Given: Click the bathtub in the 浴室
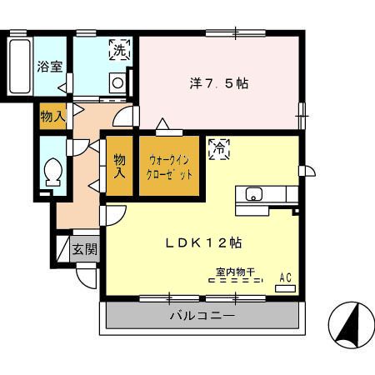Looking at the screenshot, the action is pyautogui.click(x=19, y=66).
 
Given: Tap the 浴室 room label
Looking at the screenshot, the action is pyautogui.click(x=50, y=67).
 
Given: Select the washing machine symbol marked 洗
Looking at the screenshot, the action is pyautogui.click(x=120, y=50).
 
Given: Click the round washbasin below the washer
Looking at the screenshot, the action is pyautogui.click(x=117, y=83).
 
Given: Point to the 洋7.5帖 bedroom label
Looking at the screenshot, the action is pyautogui.click(x=219, y=83).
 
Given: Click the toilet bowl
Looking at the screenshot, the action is pyautogui.click(x=53, y=172).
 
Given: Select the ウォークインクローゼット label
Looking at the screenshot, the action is pyautogui.click(x=169, y=167).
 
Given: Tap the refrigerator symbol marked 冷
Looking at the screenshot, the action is pyautogui.click(x=219, y=149).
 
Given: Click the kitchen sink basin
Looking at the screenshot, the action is pyautogui.click(x=253, y=194).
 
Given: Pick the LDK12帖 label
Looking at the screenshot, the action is pyautogui.click(x=203, y=243).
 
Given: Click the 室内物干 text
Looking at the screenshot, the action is pyautogui.click(x=235, y=272).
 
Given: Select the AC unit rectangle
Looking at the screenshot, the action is pyautogui.click(x=285, y=288).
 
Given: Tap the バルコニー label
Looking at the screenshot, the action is pyautogui.click(x=202, y=316).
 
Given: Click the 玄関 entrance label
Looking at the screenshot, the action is pyautogui.click(x=85, y=249).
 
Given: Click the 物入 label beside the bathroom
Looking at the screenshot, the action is pyautogui.click(x=53, y=116).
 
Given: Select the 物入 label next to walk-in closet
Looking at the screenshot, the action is pyautogui.click(x=119, y=167).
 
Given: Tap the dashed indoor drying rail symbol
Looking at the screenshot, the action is pyautogui.click(x=236, y=280).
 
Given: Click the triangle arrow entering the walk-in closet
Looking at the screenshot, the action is pyautogui.click(x=162, y=124).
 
